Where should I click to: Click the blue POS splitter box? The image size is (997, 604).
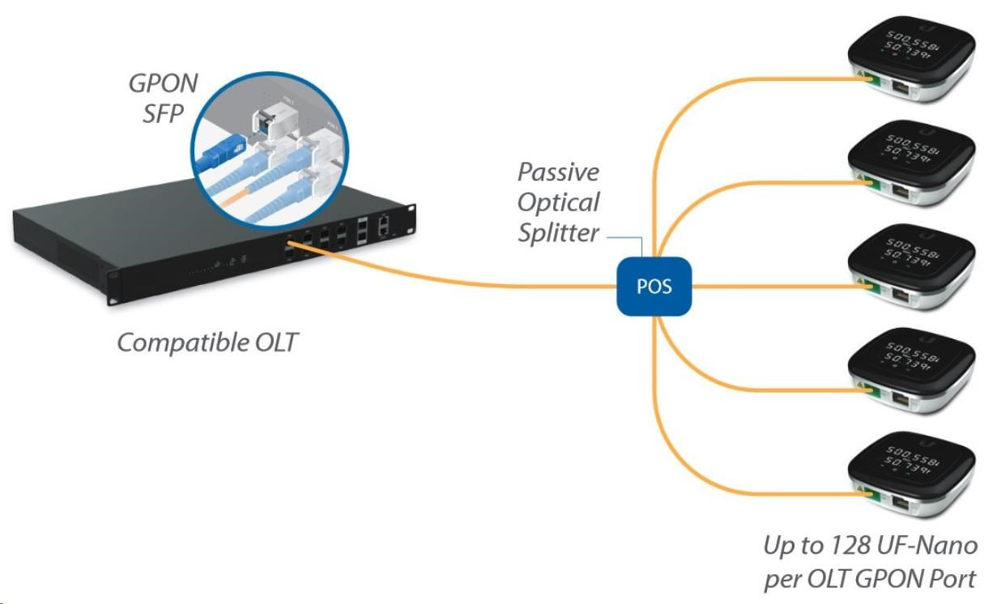[x=654, y=286]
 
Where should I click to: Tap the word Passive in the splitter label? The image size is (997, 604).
[x=559, y=172]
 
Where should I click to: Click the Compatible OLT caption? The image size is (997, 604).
[x=207, y=342]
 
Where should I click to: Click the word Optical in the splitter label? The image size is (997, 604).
[x=559, y=202]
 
